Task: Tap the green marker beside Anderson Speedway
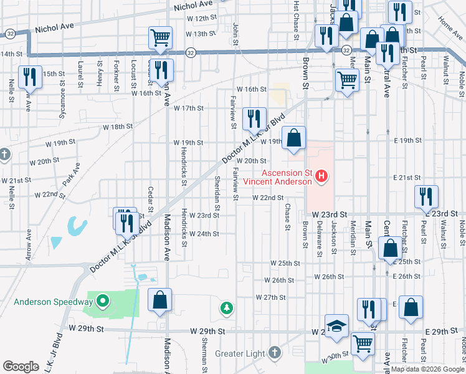tap(103, 303)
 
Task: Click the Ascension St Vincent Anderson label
tap(277, 177)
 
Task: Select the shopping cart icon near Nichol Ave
tap(161, 38)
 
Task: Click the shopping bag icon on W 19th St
tap(293, 138)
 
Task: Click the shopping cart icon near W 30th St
tap(363, 343)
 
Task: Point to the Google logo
tap(21, 367)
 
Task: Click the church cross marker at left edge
tap(4, 153)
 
